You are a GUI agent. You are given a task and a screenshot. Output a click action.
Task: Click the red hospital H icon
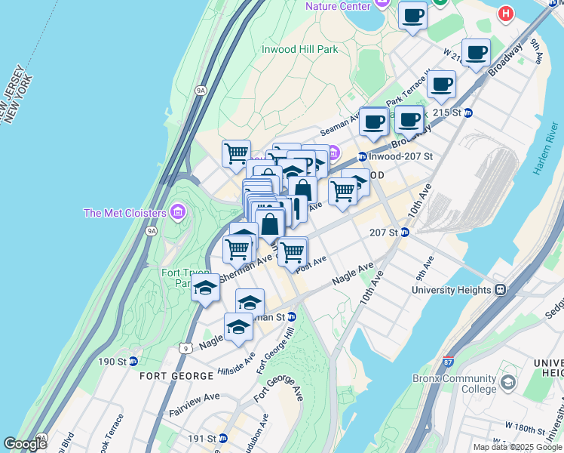[x=506, y=13]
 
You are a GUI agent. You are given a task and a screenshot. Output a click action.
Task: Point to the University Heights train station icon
[x=499, y=290]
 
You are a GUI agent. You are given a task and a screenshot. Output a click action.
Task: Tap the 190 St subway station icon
[x=133, y=362]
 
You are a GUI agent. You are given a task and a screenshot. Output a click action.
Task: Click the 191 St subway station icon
[x=223, y=438]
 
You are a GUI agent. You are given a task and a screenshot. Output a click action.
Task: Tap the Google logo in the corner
[x=26, y=444]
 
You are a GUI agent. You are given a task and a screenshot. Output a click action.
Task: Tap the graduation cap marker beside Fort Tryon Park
[x=204, y=287]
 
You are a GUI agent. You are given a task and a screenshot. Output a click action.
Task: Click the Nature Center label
[x=338, y=6]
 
